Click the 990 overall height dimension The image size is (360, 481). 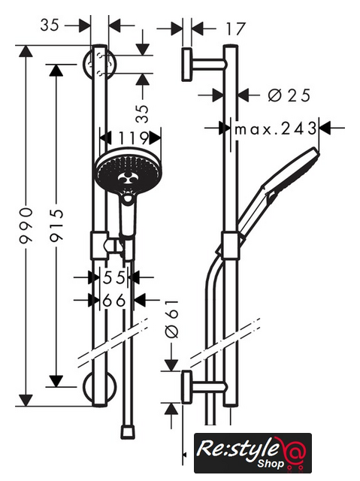pyautogui.click(x=26, y=225)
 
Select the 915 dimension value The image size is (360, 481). pyautogui.click(x=56, y=225)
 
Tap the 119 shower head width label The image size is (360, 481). pyautogui.click(x=134, y=138)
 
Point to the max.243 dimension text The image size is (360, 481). pyautogui.click(x=275, y=129)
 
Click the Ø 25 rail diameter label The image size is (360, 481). pyautogui.click(x=289, y=95)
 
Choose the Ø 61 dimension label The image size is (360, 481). pyautogui.click(x=171, y=319)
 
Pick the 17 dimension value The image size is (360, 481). pyautogui.click(x=236, y=29)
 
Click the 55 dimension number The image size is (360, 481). pyautogui.click(x=114, y=277)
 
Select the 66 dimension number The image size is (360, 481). pyautogui.click(x=114, y=301)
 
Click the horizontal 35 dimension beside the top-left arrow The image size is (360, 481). pyautogui.click(x=50, y=25)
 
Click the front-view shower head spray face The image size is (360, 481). pyautogui.click(x=129, y=171)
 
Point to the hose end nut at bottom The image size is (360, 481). pyautogui.click(x=127, y=432)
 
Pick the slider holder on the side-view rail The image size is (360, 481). pyautogui.click(x=231, y=246)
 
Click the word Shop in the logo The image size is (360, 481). pyautogui.click(x=271, y=463)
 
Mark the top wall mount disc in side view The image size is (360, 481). pyautogui.click(x=186, y=65)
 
